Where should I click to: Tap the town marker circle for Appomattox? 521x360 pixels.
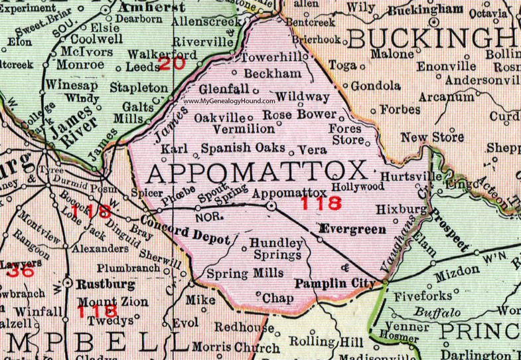[x=271, y=206]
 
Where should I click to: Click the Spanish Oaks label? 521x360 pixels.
[x=243, y=148]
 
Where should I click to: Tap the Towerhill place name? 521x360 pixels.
[x=275, y=58]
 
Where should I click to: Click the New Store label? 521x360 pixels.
[x=432, y=137]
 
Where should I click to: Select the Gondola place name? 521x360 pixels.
[x=376, y=86]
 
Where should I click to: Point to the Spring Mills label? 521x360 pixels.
[x=245, y=273]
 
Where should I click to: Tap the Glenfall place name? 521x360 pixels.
[x=226, y=89]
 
